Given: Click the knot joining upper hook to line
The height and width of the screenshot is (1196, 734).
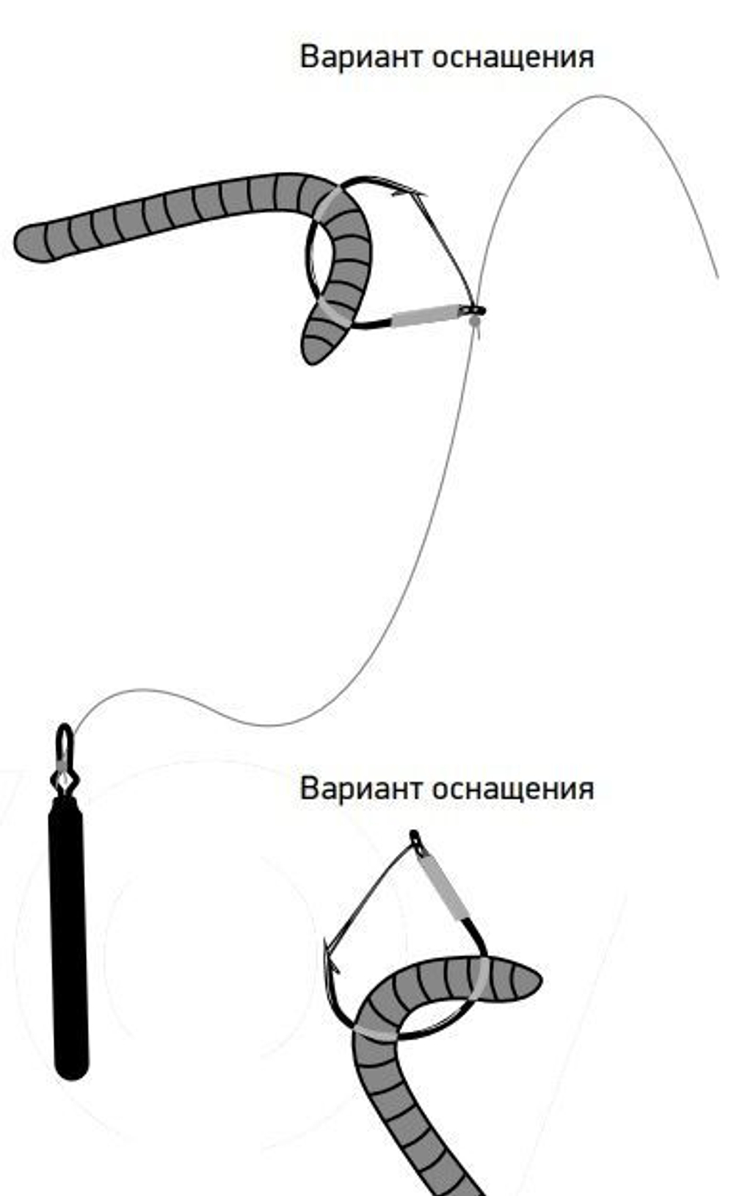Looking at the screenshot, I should pos(476,312).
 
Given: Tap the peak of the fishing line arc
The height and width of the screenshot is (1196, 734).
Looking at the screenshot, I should pos(602,96).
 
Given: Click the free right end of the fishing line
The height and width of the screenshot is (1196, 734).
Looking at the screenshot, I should pos(717,276).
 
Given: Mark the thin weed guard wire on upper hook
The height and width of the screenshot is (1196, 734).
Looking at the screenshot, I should pos(448,249).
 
